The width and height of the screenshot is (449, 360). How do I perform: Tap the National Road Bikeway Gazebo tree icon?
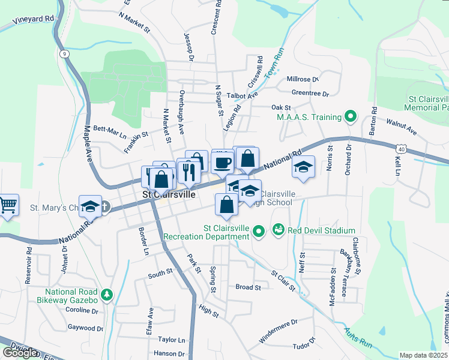tap(107, 295)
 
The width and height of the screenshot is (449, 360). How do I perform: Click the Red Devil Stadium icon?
tap(278, 230)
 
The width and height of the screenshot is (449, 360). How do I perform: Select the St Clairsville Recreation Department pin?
tap(259, 230)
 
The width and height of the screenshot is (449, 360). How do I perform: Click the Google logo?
tap(20, 353)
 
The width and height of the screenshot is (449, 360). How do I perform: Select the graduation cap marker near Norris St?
tap(304, 167)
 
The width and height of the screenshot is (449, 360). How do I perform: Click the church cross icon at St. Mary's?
tap(104, 207)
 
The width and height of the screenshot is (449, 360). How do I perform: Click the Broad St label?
tap(248, 287)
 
